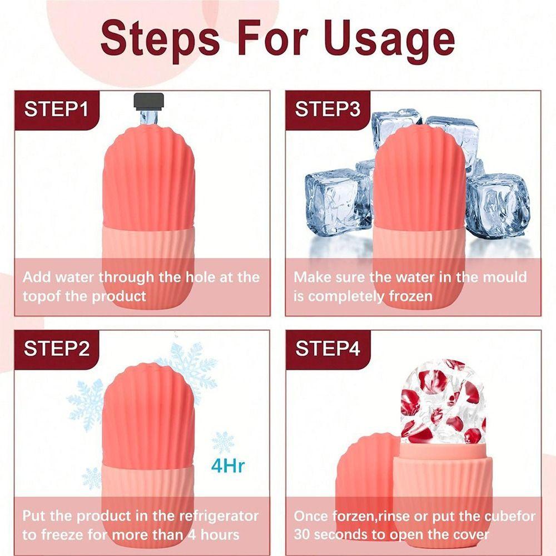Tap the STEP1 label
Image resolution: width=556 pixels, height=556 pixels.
[56, 108]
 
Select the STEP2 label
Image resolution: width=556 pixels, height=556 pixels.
[57, 349]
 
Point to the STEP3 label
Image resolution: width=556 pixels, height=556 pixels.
[327, 109]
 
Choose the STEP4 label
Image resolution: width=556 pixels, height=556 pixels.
[328, 349]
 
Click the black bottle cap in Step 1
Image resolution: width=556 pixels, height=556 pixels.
[148, 101]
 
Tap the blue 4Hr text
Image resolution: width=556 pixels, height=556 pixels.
[227, 465]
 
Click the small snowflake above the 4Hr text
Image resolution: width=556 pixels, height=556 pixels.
[223, 442]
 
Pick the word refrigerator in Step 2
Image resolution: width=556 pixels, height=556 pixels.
[219, 516]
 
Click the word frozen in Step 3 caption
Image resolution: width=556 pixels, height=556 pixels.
[411, 296]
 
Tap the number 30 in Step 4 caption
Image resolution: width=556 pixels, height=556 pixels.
[302, 535]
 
